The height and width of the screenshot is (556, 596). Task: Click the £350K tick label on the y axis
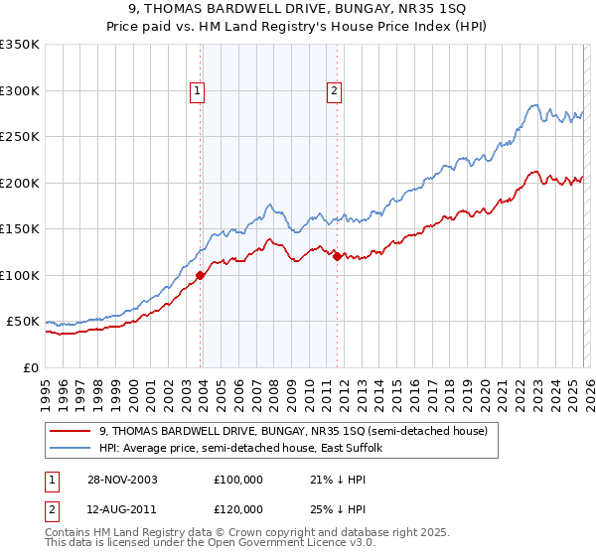(x=20, y=45)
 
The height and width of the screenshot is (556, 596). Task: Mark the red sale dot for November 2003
(x=201, y=275)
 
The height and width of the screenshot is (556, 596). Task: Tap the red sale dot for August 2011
(x=337, y=256)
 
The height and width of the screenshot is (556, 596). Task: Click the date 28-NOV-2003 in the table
(x=122, y=479)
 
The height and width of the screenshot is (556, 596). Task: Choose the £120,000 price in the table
(x=238, y=508)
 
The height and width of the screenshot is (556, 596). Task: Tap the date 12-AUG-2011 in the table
(x=122, y=508)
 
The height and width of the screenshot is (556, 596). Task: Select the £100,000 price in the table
(x=238, y=479)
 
